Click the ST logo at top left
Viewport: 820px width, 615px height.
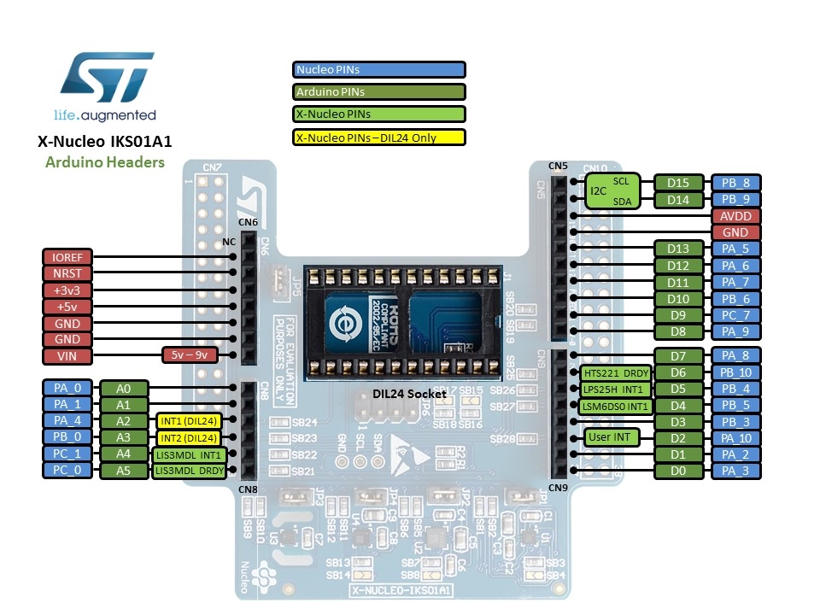click(108, 77)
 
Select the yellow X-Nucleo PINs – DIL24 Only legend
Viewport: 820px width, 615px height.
click(378, 137)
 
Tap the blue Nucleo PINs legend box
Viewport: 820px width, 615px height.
click(378, 70)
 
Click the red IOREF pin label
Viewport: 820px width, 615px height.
click(67, 257)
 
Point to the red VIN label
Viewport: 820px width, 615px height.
click(67, 356)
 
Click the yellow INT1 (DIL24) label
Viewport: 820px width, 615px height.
click(189, 421)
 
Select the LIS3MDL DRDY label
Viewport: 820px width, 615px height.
click(189, 471)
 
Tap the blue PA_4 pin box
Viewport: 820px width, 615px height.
click(67, 421)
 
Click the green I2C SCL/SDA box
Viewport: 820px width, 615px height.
click(610, 191)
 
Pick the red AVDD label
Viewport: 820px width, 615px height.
click(735, 216)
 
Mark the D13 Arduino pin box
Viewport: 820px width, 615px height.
click(679, 249)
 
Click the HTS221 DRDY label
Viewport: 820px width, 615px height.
click(616, 373)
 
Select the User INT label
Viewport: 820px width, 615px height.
click(609, 437)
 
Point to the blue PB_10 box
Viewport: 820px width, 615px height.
click(735, 373)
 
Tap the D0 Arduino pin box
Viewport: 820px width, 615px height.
click(679, 471)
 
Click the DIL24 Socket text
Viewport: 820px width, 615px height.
click(409, 394)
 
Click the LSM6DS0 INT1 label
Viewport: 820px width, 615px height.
click(616, 406)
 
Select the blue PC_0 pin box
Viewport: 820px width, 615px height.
click(67, 471)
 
